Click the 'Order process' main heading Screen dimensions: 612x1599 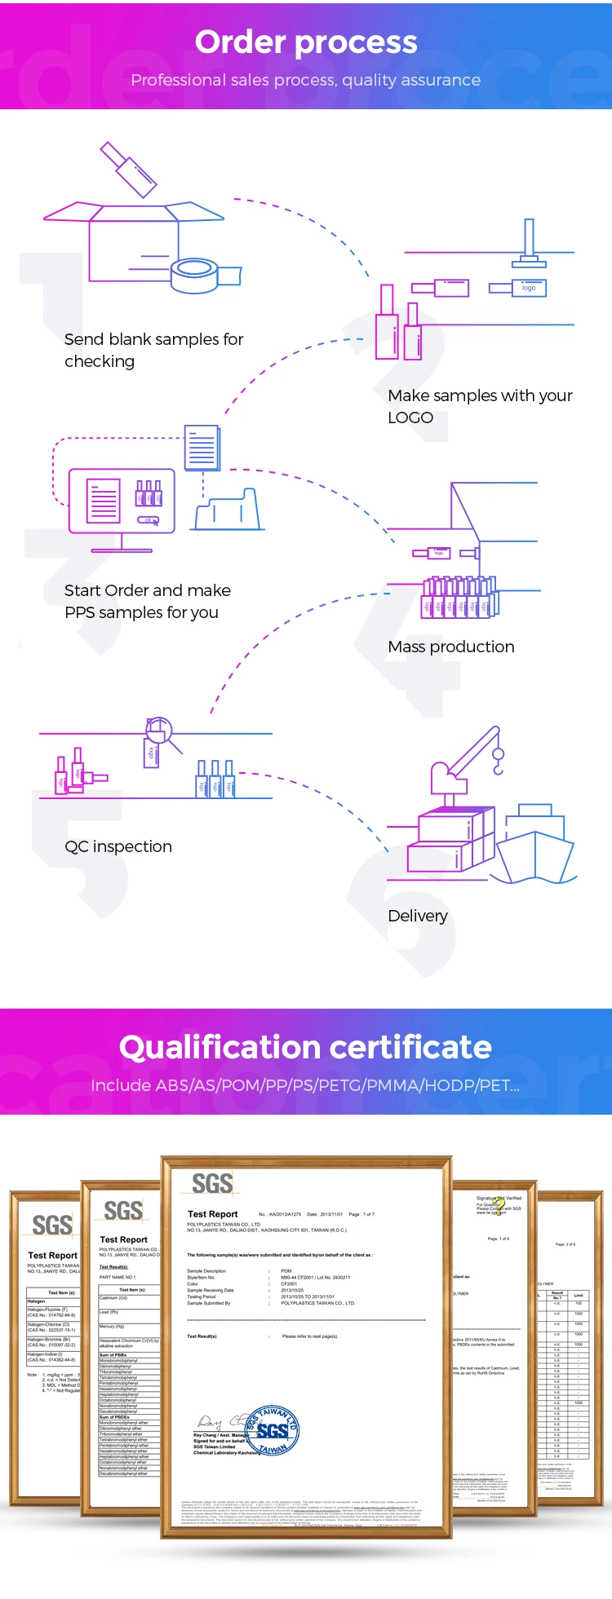(306, 42)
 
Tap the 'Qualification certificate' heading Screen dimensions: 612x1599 (306, 1048)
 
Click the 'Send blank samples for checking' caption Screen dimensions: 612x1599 (153, 350)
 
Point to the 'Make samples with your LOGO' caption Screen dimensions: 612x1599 (480, 406)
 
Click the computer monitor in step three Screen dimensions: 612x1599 (122, 501)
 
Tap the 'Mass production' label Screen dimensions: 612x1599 (451, 647)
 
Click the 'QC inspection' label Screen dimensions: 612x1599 (118, 846)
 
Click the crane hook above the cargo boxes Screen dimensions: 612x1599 (498, 762)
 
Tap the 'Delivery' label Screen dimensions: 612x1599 (418, 916)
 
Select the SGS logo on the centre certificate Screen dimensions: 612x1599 (212, 1184)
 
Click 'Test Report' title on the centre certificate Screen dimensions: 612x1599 (213, 1214)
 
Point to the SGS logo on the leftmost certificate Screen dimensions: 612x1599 (51, 1225)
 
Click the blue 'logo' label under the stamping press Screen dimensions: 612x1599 (529, 288)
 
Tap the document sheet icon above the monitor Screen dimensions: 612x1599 (202, 447)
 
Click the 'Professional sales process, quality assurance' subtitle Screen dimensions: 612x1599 (306, 80)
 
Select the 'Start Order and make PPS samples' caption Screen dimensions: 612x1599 (147, 601)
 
